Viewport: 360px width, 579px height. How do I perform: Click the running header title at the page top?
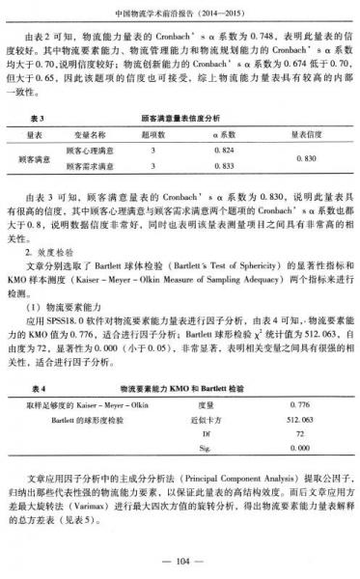tap(180, 14)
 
